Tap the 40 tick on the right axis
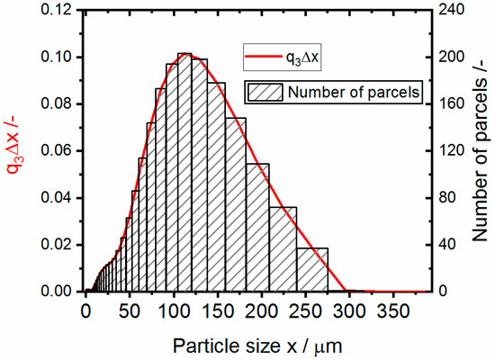coord(446,245)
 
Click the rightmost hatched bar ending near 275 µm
coord(311,270)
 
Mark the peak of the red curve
coord(184,54)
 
